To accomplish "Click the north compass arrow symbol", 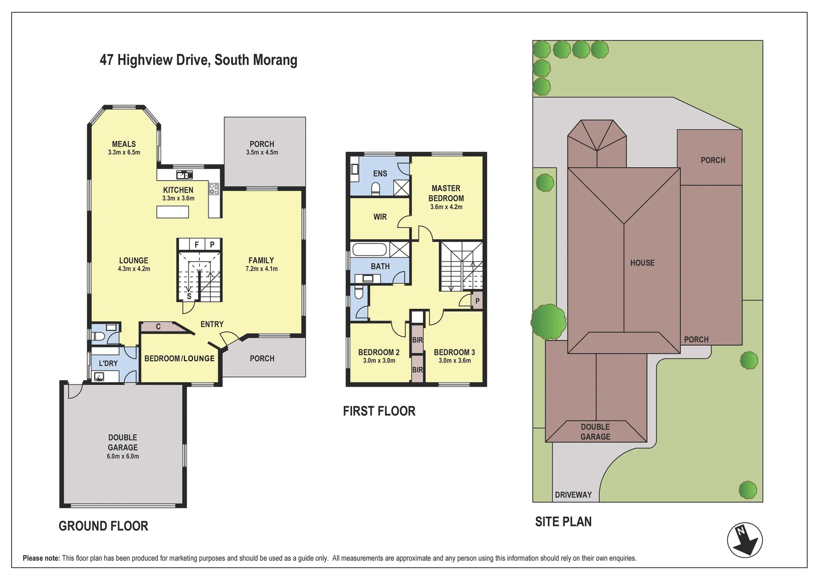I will click(x=745, y=540).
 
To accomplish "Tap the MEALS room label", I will click(x=124, y=144).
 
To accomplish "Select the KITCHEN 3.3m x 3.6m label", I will click(x=178, y=194).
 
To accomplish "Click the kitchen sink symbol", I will click(x=184, y=174).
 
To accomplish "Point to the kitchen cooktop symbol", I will click(x=214, y=188).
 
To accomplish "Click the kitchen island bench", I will click(x=173, y=212).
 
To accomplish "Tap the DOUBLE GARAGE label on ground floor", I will click(x=123, y=442).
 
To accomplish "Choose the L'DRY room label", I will click(x=108, y=363).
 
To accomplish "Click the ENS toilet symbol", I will click(x=376, y=188).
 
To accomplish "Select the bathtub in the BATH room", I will click(x=369, y=250).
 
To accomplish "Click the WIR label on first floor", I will click(x=380, y=217).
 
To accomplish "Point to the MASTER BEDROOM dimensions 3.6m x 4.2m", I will click(x=446, y=207).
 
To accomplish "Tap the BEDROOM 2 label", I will click(x=379, y=352).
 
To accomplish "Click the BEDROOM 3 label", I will click(x=455, y=352).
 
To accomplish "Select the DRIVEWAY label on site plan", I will click(x=573, y=494).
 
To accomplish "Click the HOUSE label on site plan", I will click(x=642, y=263).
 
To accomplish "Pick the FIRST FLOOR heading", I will click(x=379, y=411).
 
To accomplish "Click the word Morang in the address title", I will click(x=277, y=60).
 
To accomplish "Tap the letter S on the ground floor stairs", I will click(x=189, y=296).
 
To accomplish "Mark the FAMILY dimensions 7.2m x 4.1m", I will click(x=262, y=269).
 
